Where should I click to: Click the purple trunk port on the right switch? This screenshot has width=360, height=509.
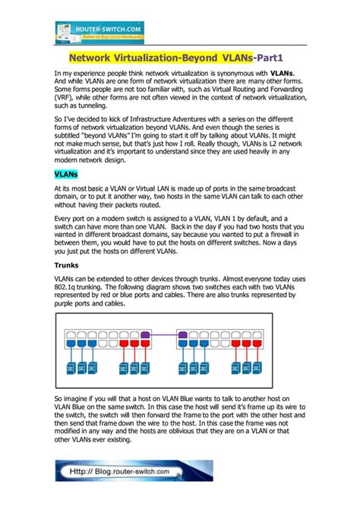(x=182, y=336)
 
